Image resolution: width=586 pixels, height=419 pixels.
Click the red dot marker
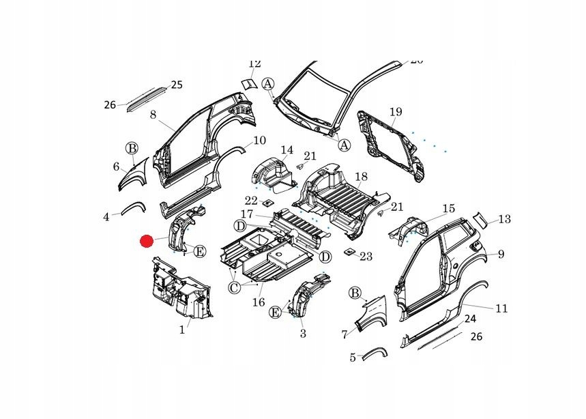click(x=147, y=241)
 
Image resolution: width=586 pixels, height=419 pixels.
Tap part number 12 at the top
click(x=254, y=63)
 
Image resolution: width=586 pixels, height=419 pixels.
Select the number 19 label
click(x=396, y=112)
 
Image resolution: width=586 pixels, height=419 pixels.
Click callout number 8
click(x=153, y=115)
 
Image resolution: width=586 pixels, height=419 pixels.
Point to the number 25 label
click(x=177, y=85)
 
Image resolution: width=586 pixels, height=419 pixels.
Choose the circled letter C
click(x=234, y=288)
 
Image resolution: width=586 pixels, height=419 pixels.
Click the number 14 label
click(x=287, y=150)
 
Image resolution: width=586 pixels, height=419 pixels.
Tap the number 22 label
click(x=251, y=201)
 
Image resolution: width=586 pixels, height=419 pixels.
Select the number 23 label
click(x=366, y=257)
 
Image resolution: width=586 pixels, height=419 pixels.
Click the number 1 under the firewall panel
click(x=182, y=330)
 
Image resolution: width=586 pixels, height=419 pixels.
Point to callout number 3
click(x=303, y=334)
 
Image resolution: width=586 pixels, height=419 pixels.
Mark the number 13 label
click(x=504, y=219)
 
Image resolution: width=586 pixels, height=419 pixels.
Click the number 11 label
click(x=501, y=308)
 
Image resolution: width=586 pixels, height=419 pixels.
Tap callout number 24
click(x=470, y=319)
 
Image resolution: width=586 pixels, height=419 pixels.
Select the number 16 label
click(x=259, y=302)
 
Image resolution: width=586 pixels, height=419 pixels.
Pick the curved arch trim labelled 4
click(x=133, y=207)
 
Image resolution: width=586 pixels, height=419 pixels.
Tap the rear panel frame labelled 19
click(x=389, y=143)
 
